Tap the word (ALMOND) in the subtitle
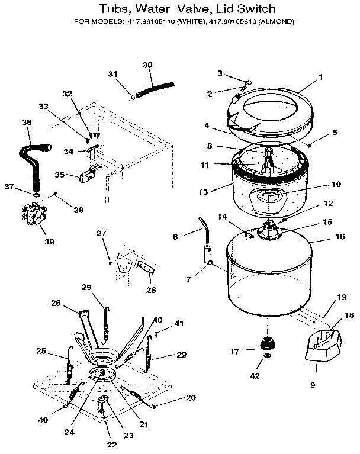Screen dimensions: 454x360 274,22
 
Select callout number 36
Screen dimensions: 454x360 27,122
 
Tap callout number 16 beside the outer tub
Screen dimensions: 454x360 339,236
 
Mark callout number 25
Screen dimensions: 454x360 41,351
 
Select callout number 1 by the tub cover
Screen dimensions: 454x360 320,77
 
